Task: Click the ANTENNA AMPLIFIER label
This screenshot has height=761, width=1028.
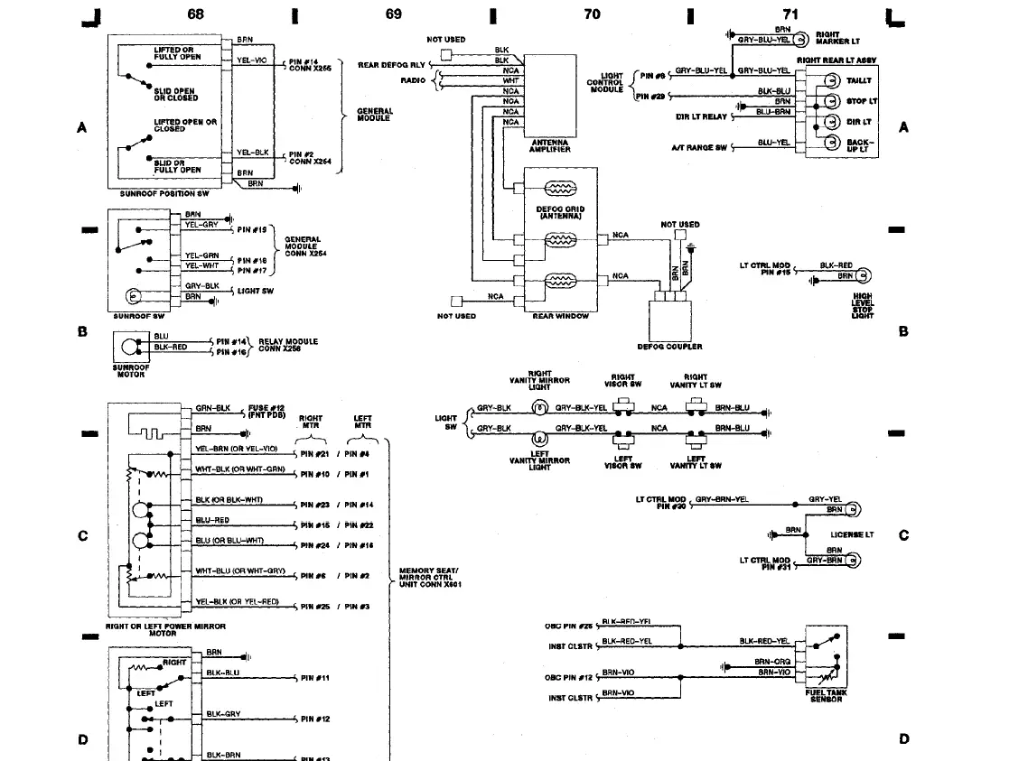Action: pyautogui.click(x=549, y=146)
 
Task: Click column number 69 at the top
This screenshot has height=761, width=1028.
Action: pyautogui.click(x=393, y=14)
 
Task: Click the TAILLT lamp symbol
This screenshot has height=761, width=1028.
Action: pyautogui.click(x=828, y=81)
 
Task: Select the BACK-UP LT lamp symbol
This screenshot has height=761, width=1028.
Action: pyautogui.click(x=828, y=143)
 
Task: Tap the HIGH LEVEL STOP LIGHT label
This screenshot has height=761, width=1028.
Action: pyautogui.click(x=863, y=304)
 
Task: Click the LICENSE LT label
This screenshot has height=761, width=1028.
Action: pyautogui.click(x=852, y=534)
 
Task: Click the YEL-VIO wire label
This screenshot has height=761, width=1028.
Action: pyautogui.click(x=251, y=60)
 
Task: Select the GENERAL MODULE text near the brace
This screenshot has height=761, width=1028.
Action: pyautogui.click(x=373, y=115)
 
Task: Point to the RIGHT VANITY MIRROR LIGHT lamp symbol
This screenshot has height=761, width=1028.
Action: pyautogui.click(x=542, y=408)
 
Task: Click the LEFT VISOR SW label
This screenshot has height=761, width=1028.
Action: pyautogui.click(x=623, y=462)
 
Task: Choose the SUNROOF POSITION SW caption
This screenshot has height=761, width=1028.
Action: pyautogui.click(x=164, y=194)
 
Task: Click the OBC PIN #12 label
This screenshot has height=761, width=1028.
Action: pyautogui.click(x=569, y=677)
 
